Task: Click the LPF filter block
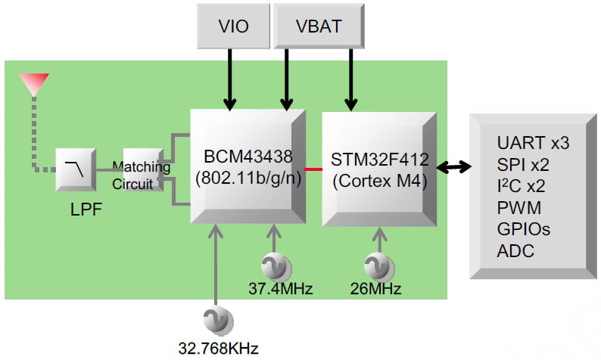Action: [74, 169]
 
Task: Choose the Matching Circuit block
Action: [142, 169]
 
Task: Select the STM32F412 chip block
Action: [379, 168]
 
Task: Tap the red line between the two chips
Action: [313, 168]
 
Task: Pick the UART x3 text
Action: [533, 143]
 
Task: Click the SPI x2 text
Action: [523, 164]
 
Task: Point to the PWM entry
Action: [518, 207]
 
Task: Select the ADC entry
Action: [515, 250]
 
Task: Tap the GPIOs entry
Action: [523, 228]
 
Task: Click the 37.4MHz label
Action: [281, 288]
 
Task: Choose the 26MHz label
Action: [376, 288]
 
